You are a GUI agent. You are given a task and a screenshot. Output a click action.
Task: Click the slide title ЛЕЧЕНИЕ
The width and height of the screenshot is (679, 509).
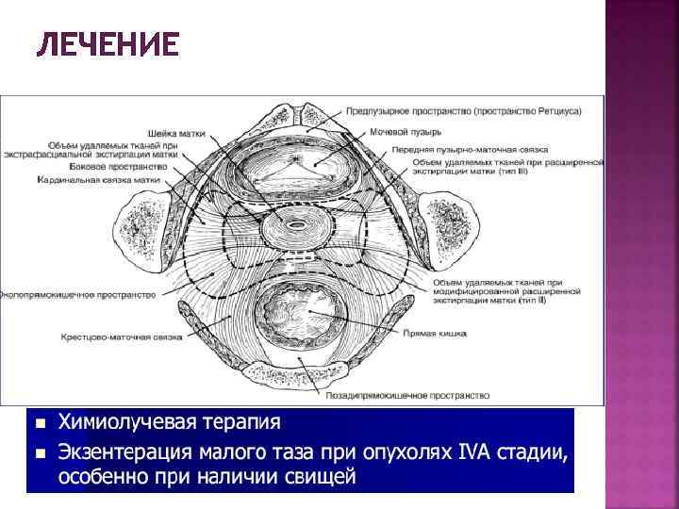107,45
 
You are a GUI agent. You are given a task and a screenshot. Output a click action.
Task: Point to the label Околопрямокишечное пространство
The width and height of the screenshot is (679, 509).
77,294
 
